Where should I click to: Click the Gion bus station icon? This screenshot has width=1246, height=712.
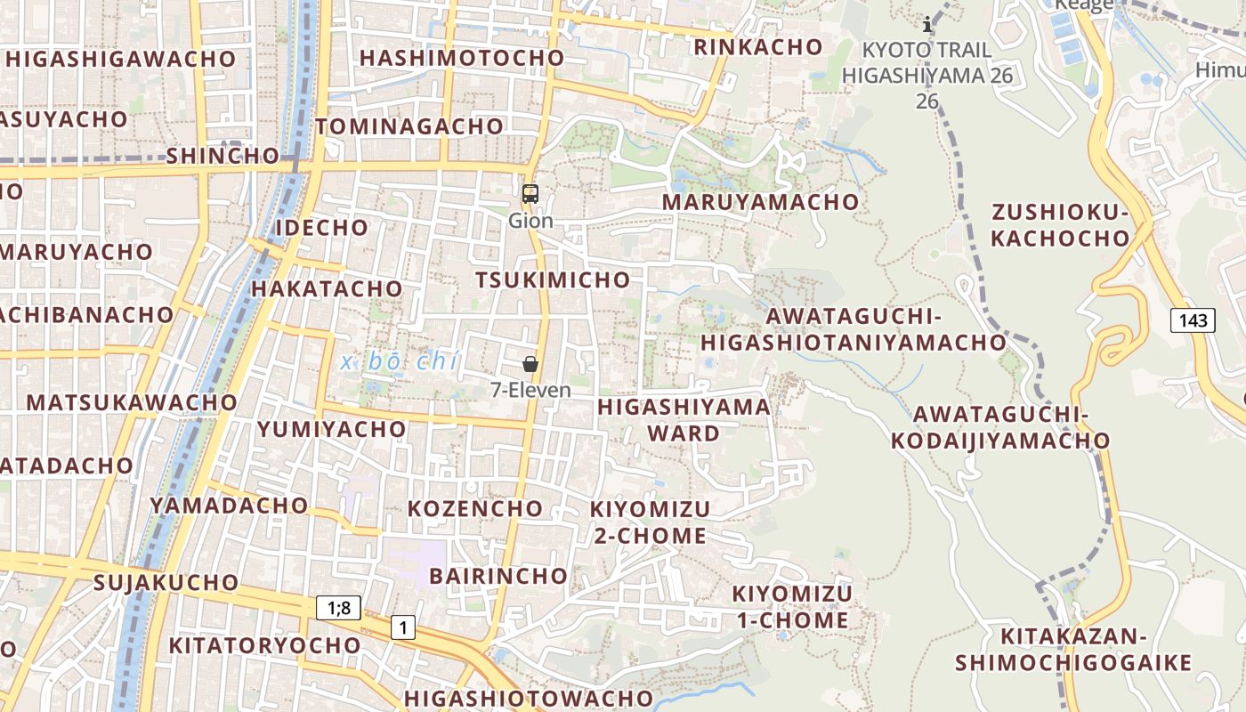(x=530, y=193)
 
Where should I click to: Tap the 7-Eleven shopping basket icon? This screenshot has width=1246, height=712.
(x=530, y=364)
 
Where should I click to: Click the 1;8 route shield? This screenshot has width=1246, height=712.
(x=338, y=609)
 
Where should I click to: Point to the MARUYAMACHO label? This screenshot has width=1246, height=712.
(x=760, y=202)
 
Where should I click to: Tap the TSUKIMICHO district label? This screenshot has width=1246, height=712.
(x=553, y=280)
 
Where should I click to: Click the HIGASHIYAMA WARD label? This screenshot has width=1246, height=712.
(x=684, y=420)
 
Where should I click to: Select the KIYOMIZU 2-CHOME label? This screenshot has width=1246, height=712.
(x=650, y=522)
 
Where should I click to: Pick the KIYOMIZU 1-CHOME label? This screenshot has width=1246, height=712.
(x=792, y=607)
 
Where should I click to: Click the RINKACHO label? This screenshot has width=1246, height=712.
(x=758, y=46)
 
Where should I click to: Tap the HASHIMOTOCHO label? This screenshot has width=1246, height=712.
(x=462, y=58)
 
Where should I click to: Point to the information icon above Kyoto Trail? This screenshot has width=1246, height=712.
(x=927, y=24)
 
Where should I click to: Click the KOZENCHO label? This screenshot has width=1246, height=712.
(x=475, y=509)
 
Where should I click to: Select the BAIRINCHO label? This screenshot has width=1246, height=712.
(x=498, y=576)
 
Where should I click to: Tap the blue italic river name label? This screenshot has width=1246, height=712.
(x=400, y=362)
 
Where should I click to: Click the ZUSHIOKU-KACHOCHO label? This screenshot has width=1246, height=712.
(x=1060, y=225)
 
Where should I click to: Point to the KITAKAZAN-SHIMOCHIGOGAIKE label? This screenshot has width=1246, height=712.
(x=1073, y=650)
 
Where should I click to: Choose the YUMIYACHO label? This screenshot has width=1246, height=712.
(x=332, y=429)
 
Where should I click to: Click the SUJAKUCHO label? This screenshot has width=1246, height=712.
(x=166, y=583)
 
